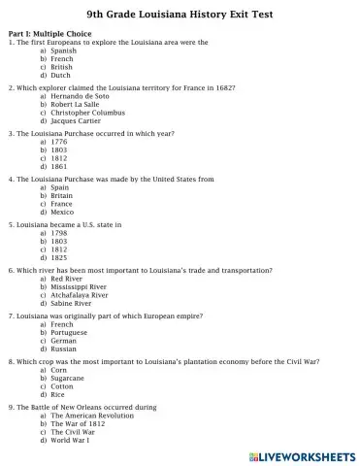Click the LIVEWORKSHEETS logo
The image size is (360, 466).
click(x=304, y=453)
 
